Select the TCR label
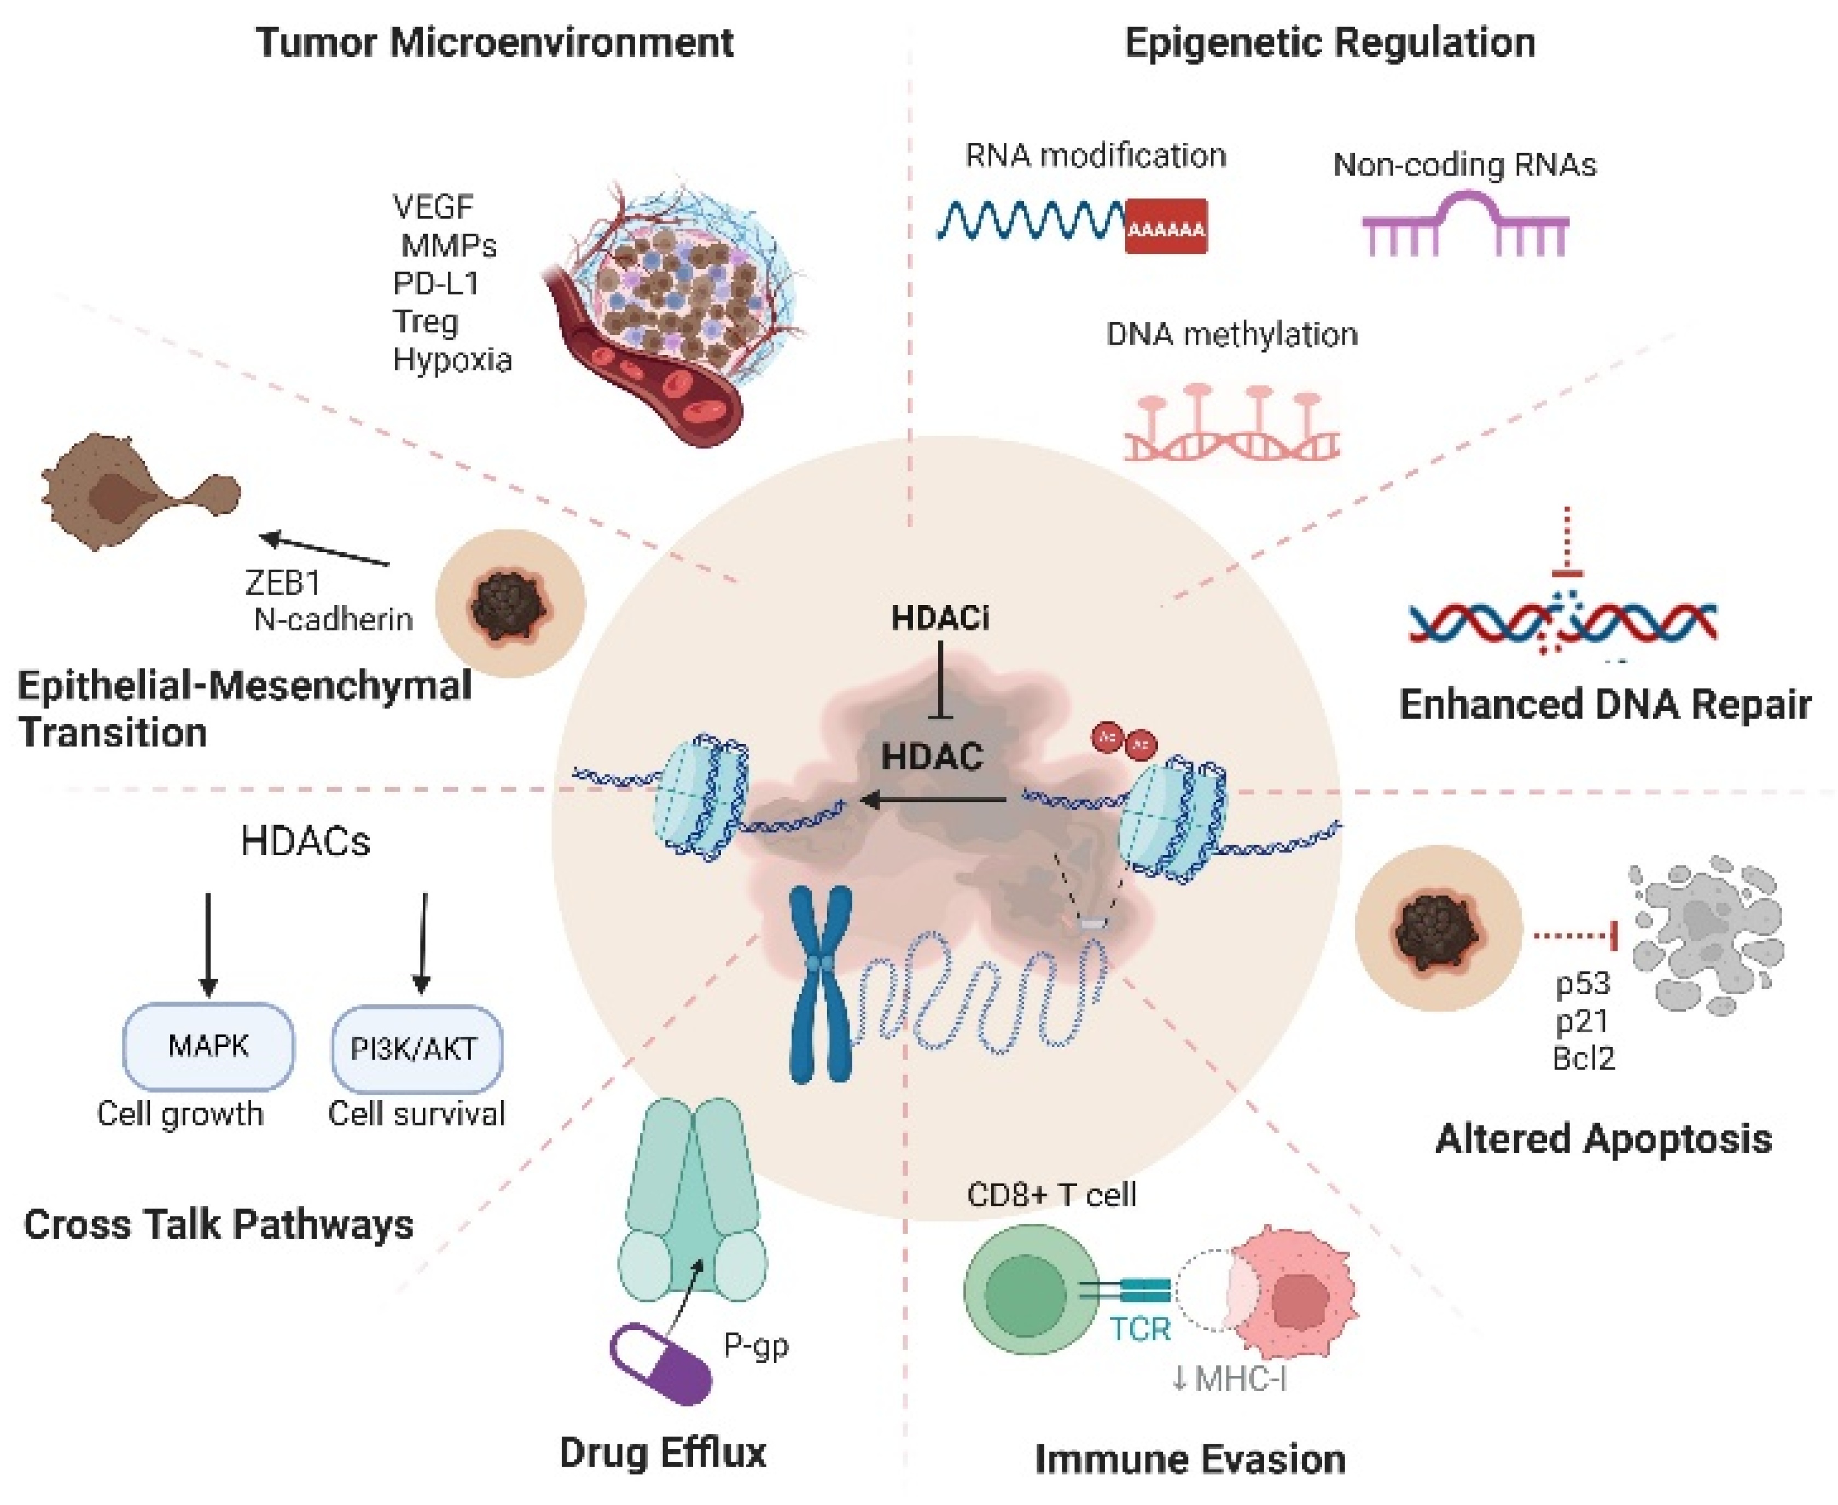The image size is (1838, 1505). coord(1139,1329)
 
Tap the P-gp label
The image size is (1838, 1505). coord(756,1345)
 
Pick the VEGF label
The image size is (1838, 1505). coord(433,207)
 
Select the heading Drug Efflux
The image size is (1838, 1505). coord(662,1452)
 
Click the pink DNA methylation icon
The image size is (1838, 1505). coord(1231,425)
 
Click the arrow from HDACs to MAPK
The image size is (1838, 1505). coord(207,945)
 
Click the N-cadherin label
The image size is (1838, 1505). coord(333,619)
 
